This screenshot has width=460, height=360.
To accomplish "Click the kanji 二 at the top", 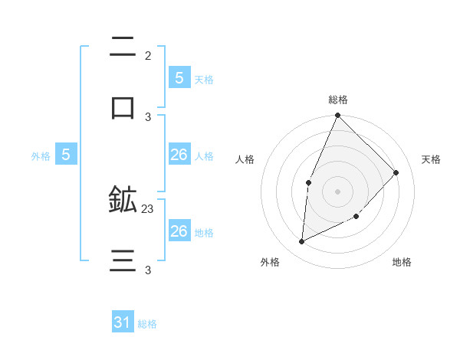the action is click(123, 47).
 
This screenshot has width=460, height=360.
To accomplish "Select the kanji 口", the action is click(123, 108).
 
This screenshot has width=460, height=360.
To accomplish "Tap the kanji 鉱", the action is click(123, 200).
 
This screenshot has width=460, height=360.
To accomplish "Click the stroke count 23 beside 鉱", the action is click(148, 208).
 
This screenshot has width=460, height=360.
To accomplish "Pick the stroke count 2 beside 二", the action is click(148, 55).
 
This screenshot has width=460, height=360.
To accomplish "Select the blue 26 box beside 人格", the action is click(179, 155).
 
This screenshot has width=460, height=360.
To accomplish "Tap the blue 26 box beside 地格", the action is click(179, 231).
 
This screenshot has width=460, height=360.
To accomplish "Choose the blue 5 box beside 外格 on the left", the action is click(66, 155).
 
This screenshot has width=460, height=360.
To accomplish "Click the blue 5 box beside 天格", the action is click(179, 78).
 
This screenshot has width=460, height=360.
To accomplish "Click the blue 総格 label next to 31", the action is click(147, 324).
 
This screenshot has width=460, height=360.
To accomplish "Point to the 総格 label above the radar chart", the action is click(338, 100).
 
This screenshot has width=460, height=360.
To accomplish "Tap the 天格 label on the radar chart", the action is click(431, 159).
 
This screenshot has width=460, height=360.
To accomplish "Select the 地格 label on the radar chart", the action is click(402, 263).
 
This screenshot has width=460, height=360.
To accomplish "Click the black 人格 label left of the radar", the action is click(245, 159).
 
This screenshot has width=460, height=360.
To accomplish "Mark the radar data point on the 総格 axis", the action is click(337, 115).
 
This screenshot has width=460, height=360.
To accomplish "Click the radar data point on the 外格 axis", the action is click(302, 242).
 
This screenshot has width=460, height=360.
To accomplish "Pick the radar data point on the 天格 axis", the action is click(396, 172).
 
